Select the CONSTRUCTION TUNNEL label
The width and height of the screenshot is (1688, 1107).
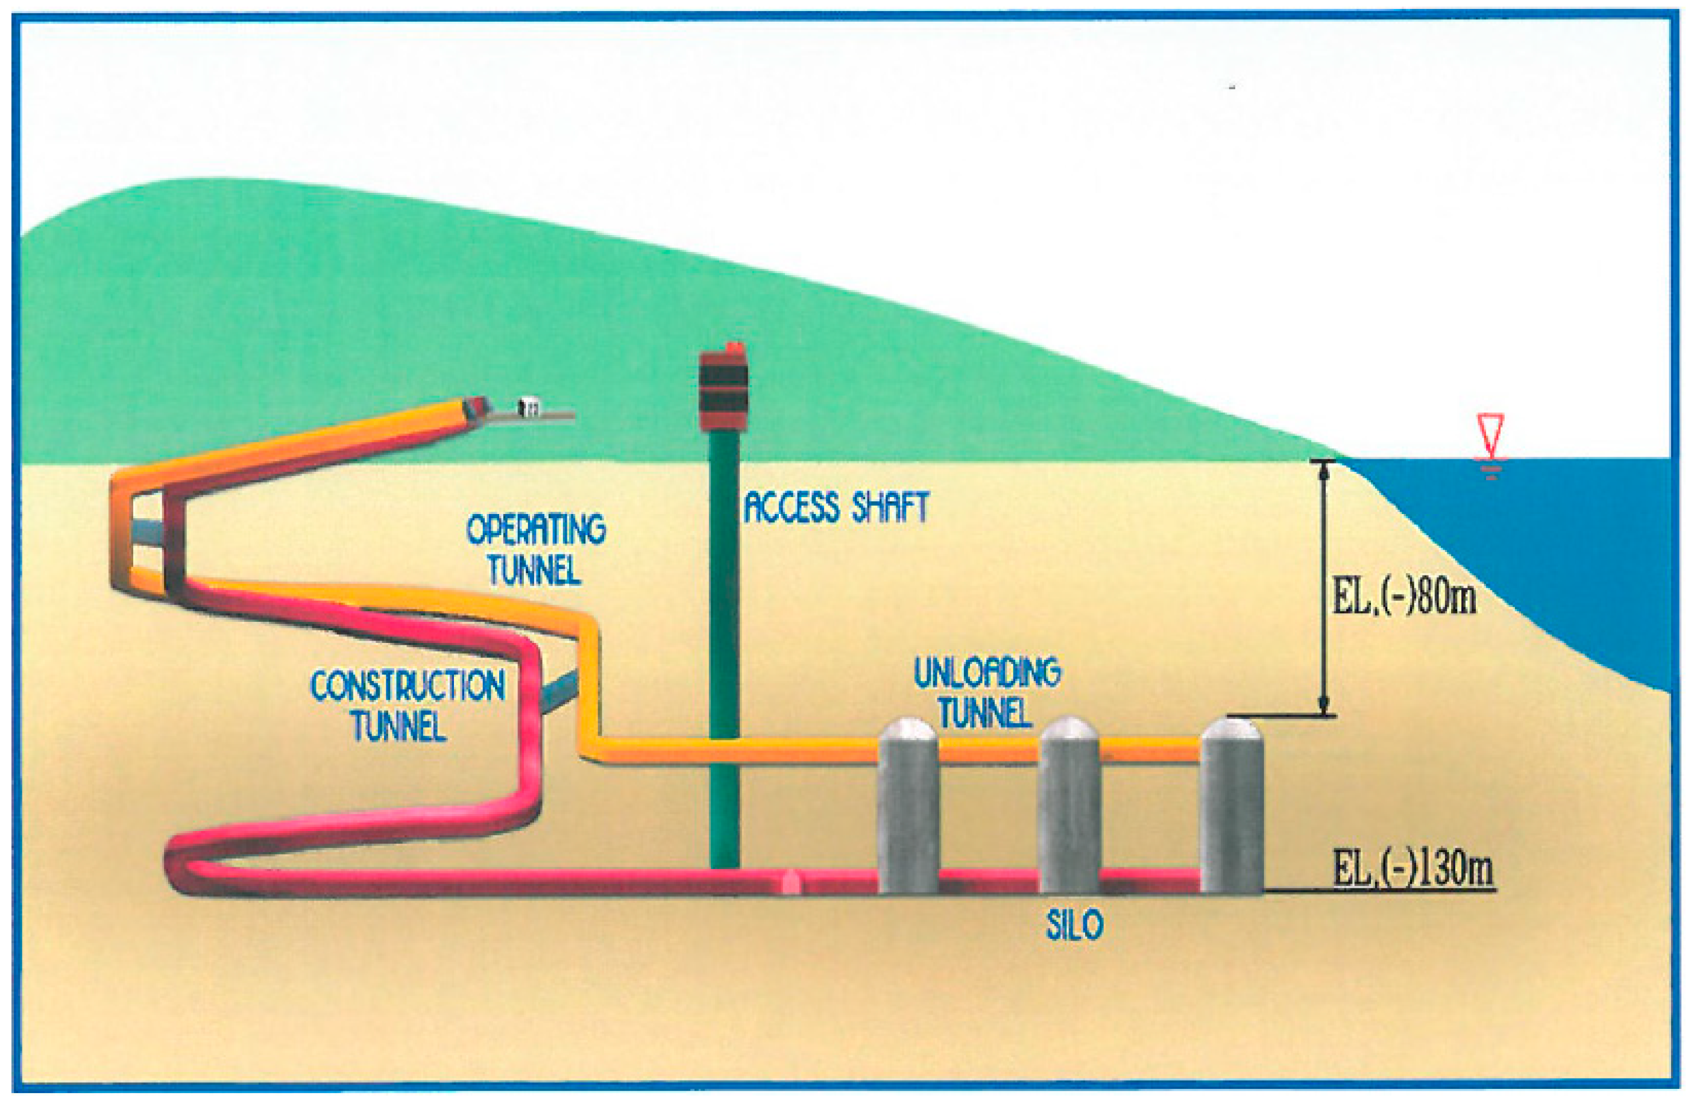tap(406, 705)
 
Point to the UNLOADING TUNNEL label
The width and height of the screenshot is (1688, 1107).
tap(986, 693)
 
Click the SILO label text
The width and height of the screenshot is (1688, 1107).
tap(1074, 925)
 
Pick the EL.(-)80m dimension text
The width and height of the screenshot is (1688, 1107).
tap(1404, 597)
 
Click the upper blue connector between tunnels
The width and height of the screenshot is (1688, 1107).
tap(148, 529)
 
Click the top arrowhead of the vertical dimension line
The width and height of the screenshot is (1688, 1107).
tap(1323, 471)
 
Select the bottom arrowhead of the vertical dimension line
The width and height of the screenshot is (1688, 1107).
tap(1323, 706)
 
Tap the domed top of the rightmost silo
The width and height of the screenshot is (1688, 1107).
tap(1232, 733)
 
